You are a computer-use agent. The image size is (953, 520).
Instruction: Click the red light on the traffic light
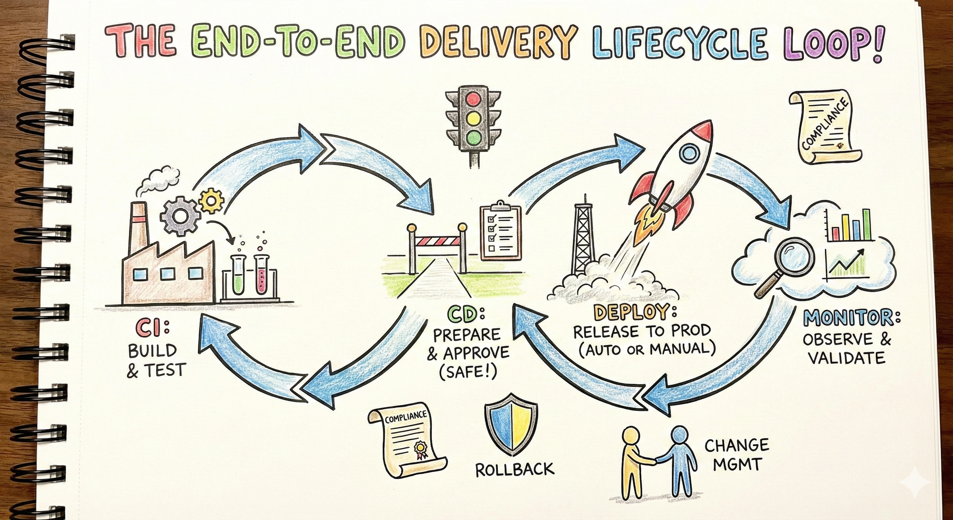[473, 99]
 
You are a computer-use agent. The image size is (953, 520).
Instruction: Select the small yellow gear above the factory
[211, 201]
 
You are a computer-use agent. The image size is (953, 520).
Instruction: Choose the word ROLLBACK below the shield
[515, 470]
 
